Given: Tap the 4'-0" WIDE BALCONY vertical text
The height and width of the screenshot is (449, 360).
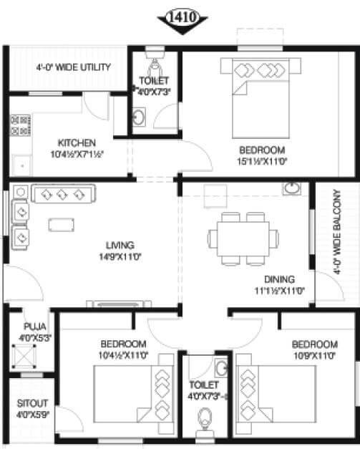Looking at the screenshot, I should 336,236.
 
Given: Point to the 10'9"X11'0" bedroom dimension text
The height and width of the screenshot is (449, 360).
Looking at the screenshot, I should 314,355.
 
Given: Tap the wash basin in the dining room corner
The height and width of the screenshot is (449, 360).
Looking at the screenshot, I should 292,189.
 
